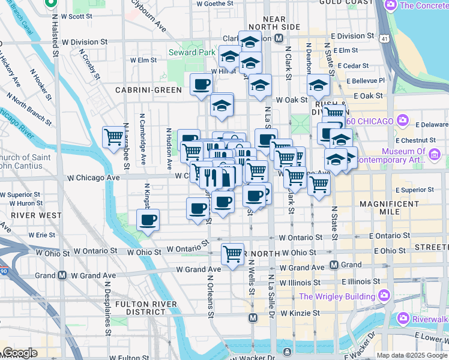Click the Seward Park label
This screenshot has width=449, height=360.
[191, 52]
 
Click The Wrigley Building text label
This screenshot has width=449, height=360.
[337, 296]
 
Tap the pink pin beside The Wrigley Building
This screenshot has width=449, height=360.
[384, 296]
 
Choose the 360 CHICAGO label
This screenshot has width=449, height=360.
[370, 121]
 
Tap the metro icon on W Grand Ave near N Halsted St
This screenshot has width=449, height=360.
[62, 275]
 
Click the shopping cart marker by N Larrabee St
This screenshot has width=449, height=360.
[113, 137]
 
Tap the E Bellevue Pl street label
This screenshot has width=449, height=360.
[363, 80]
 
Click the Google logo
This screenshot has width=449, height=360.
[19, 353]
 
